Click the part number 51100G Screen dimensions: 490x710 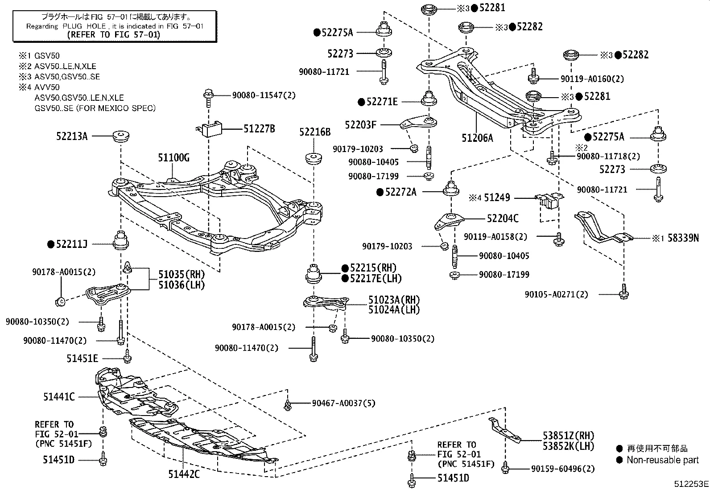tap(173, 158)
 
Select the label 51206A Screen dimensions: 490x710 tap(477, 138)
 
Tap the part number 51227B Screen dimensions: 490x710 tap(259, 129)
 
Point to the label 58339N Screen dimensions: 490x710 tap(683, 238)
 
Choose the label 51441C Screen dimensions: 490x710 tap(59, 396)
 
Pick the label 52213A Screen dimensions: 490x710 tap(72, 136)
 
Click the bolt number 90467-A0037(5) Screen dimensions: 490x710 tap(343, 403)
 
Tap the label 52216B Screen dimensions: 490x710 tap(315, 132)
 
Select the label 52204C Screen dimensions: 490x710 tap(503, 218)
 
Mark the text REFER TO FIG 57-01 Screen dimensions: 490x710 tap(113, 34)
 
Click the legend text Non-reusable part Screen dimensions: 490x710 tap(662, 460)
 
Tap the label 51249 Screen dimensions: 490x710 tap(497, 198)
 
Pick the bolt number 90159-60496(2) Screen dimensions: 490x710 tap(563, 469)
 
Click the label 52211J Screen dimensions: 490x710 tap(72, 244)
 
